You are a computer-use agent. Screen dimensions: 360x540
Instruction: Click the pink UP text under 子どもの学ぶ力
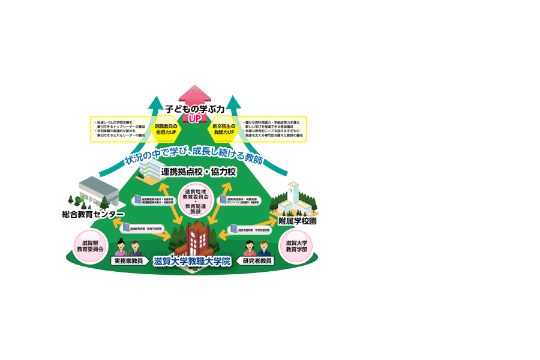(194, 119)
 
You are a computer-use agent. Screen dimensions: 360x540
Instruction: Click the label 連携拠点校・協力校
(199, 172)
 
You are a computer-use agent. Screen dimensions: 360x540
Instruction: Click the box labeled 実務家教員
(127, 262)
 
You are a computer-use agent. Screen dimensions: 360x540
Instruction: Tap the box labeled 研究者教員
(257, 262)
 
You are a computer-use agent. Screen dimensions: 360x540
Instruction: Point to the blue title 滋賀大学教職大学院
(192, 262)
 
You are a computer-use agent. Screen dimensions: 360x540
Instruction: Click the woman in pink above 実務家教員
(120, 247)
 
